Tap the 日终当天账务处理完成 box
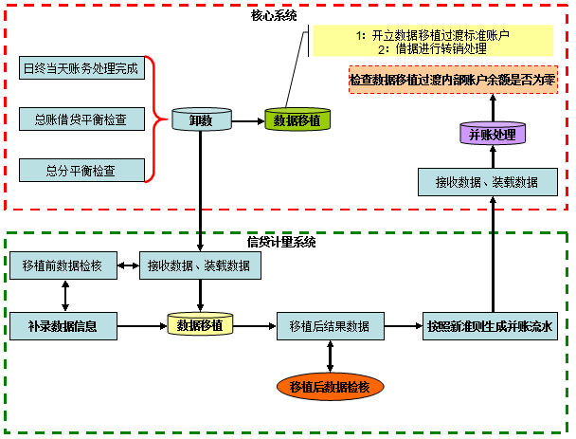pyautogui.click(x=81, y=68)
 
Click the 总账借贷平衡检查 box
pyautogui.click(x=81, y=119)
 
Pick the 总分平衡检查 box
pyautogui.click(x=81, y=171)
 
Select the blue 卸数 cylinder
pyautogui.click(x=201, y=120)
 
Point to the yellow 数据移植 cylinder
pyautogui.click(x=200, y=325)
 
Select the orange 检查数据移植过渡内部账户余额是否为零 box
pyautogui.click(x=453, y=81)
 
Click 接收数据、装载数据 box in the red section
pyautogui.click(x=486, y=181)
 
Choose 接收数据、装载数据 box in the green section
pyautogui.click(x=199, y=265)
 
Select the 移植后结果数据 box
pyautogui.click(x=330, y=326)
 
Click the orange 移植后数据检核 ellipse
pyautogui.click(x=330, y=386)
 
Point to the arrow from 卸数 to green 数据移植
pyautogui.click(x=248, y=120)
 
